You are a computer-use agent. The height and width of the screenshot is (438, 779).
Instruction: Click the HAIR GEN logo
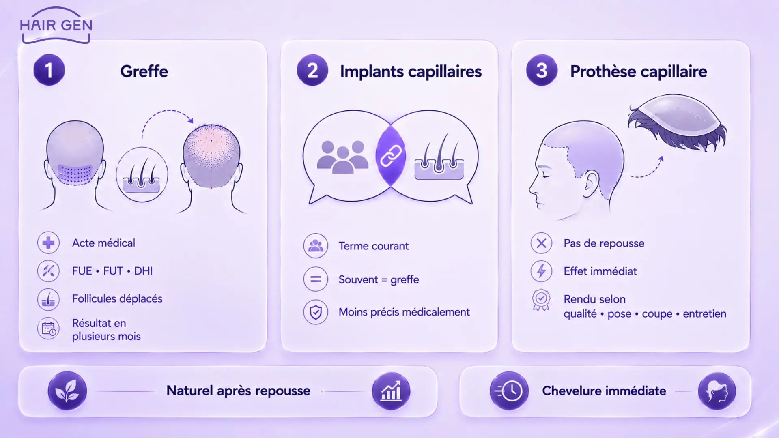[x=56, y=25]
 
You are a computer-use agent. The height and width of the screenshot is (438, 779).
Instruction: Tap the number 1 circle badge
[x=49, y=70]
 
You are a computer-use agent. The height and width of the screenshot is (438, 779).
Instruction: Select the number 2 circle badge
[x=312, y=70]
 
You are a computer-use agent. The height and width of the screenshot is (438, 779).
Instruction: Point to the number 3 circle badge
[x=542, y=70]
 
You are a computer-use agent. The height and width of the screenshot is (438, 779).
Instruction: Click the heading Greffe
[x=144, y=71]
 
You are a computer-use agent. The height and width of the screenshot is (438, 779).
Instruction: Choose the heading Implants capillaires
[x=411, y=72]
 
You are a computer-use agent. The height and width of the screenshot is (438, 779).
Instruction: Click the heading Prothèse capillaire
[x=639, y=72]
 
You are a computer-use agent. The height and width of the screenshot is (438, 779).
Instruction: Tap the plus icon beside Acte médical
[x=48, y=243]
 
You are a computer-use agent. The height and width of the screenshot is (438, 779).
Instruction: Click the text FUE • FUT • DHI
[x=112, y=271]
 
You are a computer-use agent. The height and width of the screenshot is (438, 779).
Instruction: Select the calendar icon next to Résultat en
[x=48, y=328]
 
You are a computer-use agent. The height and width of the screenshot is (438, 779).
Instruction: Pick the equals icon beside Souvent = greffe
[x=316, y=279]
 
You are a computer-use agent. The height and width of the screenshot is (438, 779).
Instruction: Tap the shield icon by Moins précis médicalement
[x=316, y=312]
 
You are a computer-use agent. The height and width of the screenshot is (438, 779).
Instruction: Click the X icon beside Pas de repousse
[x=541, y=243]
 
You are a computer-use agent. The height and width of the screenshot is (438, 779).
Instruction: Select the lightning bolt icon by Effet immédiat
[x=541, y=271]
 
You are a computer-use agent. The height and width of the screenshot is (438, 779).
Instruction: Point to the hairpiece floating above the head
[x=677, y=121]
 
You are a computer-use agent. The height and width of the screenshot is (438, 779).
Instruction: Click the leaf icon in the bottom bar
[x=67, y=391]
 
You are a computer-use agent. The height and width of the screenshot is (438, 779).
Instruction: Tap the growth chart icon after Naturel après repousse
[x=391, y=391]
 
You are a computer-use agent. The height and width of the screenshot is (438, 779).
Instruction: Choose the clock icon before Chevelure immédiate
[x=509, y=391]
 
